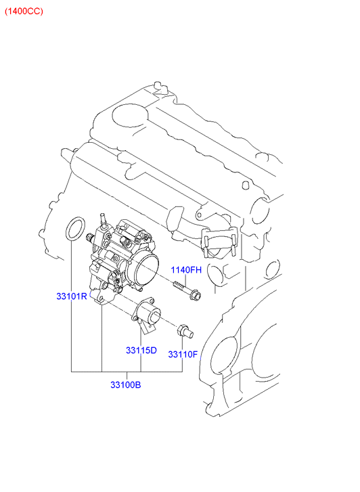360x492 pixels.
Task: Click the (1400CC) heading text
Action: pos(24,12)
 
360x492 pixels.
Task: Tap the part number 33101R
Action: pos(72,296)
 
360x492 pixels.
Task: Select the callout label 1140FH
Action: pos(186,270)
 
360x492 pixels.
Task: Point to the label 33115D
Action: pos(141,350)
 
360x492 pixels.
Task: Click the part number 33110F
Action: pos(183,354)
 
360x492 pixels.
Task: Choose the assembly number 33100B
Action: pos(126,384)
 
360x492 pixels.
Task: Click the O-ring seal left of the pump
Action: pos(75,229)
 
